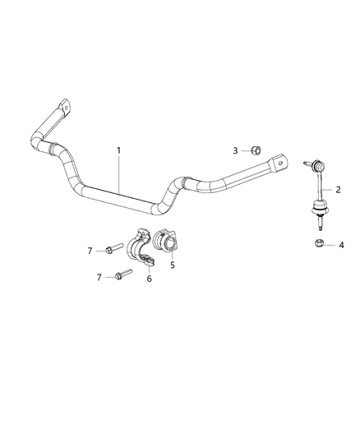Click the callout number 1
pyautogui.click(x=118, y=150)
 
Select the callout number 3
pyautogui.click(x=235, y=150)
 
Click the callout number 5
pyautogui.click(x=172, y=265)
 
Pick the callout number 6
pyautogui.click(x=150, y=278)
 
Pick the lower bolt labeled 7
pyautogui.click(x=121, y=275)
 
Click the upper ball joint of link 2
pyautogui.click(x=314, y=167)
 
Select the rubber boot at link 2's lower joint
pyautogui.click(x=315, y=209)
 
